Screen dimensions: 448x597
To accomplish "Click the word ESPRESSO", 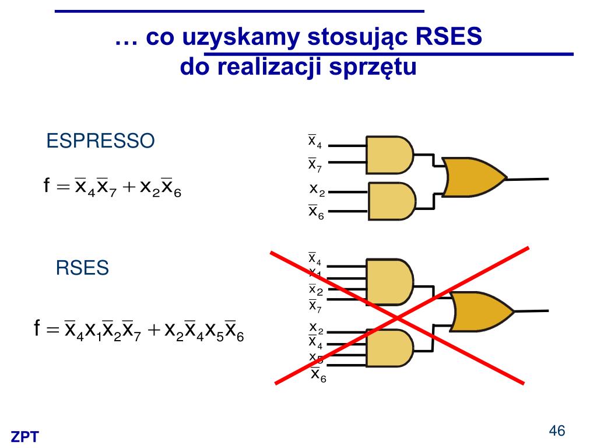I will (100, 141).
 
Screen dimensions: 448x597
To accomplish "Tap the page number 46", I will (557, 431).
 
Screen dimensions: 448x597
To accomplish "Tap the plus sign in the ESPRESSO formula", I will (129, 187).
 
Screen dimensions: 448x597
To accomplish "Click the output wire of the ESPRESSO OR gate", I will (527, 178).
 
